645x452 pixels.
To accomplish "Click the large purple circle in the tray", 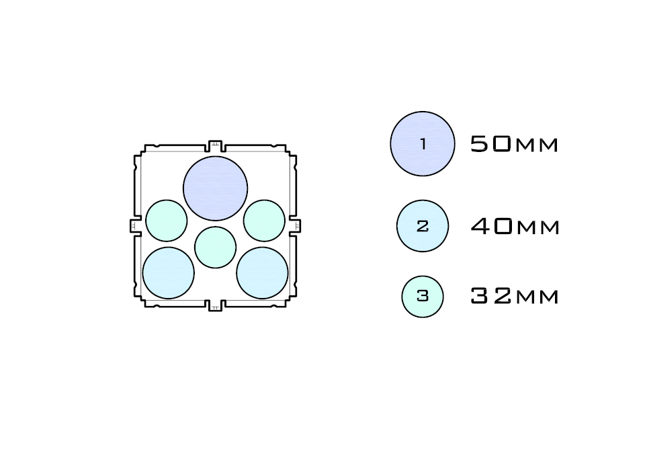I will [215, 188].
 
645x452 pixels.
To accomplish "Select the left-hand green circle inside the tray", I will [167, 221].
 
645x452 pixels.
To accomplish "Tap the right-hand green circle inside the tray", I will [264, 221].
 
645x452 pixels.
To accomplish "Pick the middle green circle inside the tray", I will [216, 247].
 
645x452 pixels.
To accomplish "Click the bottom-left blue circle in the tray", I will [169, 273].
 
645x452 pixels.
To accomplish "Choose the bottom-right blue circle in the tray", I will [262, 273].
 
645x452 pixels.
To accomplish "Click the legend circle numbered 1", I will [423, 144].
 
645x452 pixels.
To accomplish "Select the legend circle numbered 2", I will [423, 226].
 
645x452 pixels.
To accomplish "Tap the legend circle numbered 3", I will [423, 296].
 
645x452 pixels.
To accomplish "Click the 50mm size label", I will [514, 145].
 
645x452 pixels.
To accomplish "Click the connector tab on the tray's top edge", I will [215, 146].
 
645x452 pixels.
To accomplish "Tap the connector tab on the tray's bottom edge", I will [215, 305].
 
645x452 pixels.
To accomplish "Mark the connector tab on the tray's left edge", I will [135, 225].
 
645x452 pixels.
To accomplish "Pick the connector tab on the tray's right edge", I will [295, 225].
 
